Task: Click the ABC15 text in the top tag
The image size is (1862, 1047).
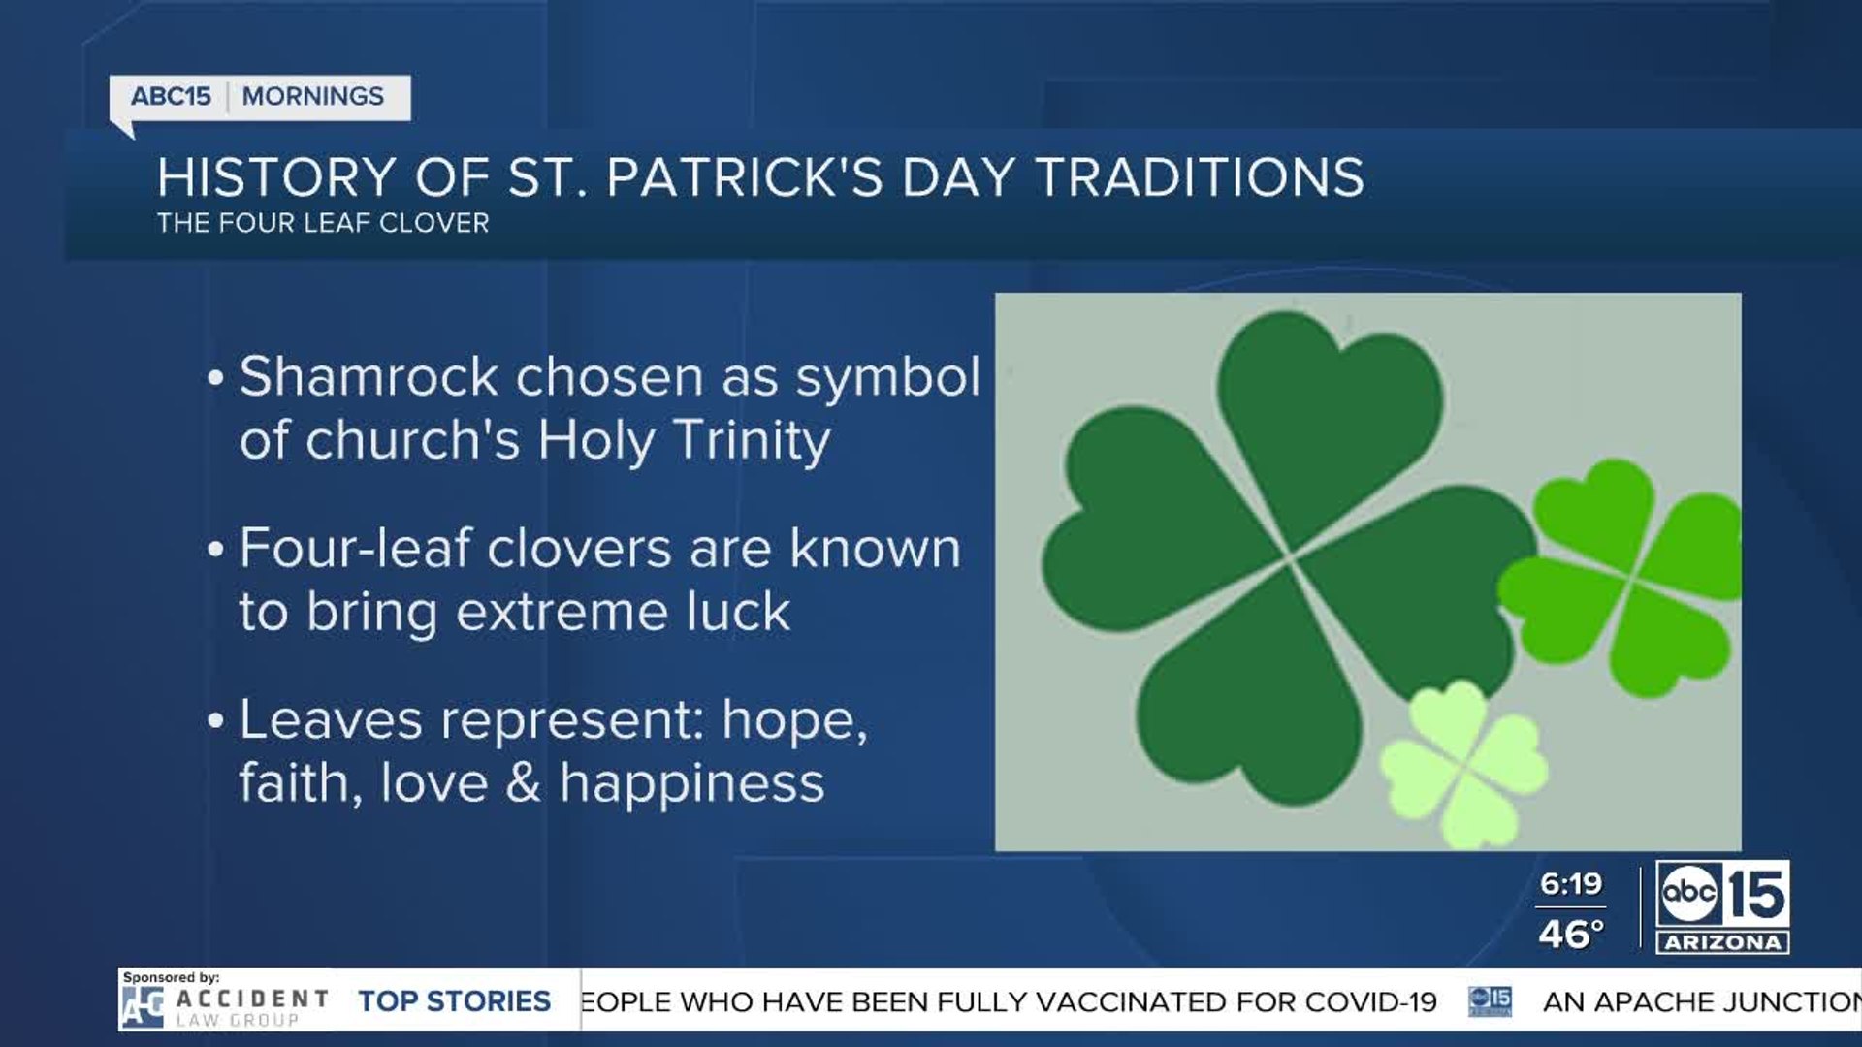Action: coord(171,96)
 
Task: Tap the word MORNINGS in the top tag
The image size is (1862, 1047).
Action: coord(312,96)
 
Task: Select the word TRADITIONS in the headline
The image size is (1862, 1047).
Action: coord(1201,177)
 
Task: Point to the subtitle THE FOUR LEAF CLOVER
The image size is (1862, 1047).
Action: coord(323,223)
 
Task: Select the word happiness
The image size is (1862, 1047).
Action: coord(692,783)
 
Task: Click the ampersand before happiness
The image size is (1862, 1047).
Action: coord(523,783)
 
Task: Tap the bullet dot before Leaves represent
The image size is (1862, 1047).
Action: coord(215,720)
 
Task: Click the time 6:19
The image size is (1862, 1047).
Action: coord(1571,884)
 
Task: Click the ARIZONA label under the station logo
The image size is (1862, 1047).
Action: coord(1722,942)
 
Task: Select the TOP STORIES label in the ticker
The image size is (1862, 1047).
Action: coord(454,1001)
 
